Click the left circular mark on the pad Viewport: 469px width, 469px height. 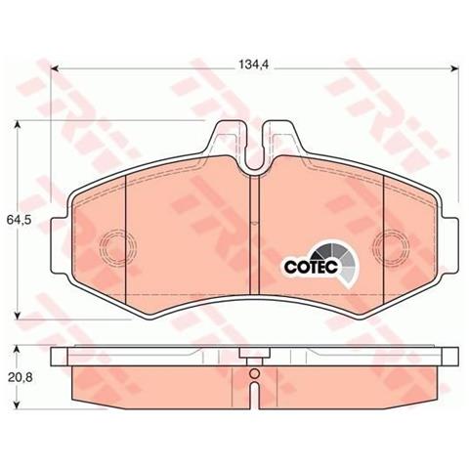(116, 245)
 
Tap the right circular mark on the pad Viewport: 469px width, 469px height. (393, 245)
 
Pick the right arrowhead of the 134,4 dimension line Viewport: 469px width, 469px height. (452, 68)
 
